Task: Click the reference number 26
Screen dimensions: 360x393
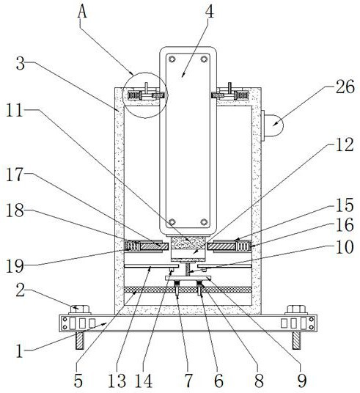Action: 345,87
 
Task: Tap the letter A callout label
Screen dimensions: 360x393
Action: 82,11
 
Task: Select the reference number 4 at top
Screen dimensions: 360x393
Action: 210,12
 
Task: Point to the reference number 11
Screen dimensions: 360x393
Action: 15,110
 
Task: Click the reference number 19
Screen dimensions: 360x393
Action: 15,266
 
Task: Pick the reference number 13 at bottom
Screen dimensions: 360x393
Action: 117,381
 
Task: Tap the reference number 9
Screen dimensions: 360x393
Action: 302,381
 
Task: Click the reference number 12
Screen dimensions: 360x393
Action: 345,144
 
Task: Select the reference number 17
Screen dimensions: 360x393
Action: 15,175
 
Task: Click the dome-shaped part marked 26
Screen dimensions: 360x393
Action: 273,125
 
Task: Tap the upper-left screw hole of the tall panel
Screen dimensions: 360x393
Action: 172,59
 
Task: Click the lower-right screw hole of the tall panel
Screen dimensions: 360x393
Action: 204,222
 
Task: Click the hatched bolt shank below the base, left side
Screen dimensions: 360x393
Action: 80,340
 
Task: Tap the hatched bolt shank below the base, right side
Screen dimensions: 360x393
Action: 296,340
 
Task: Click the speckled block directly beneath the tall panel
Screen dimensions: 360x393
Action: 188,243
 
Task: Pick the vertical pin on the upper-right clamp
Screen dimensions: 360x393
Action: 229,88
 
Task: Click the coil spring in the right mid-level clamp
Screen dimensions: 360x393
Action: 243,246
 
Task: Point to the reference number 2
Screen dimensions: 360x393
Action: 21,290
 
